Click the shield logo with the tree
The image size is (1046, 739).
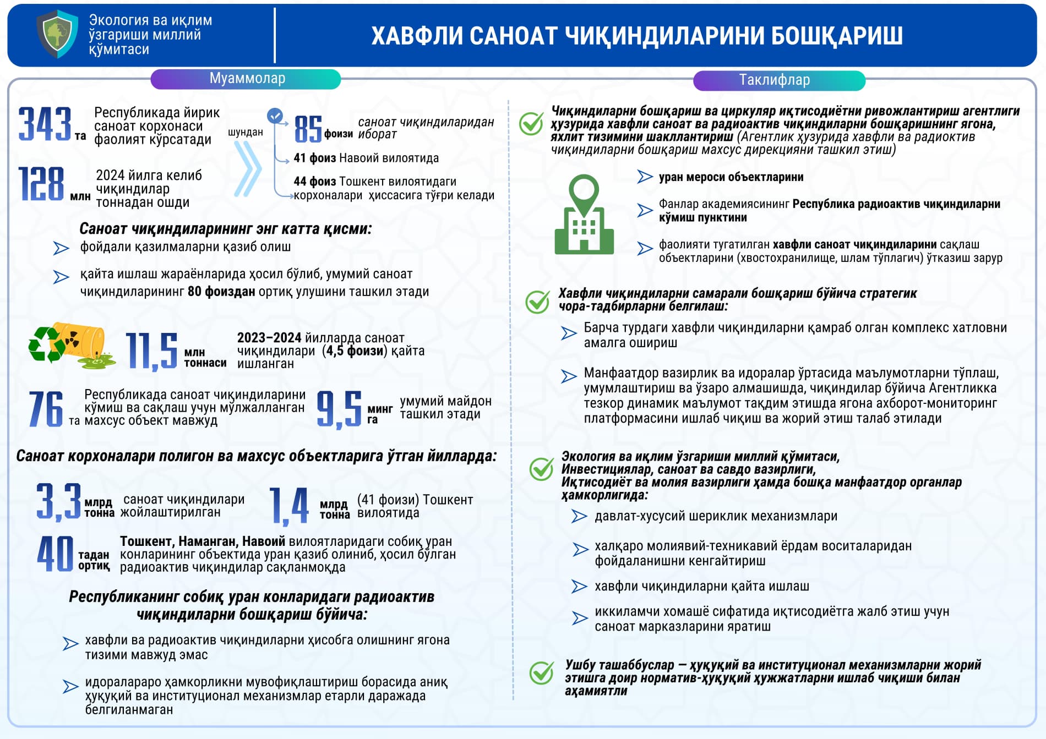[x=57, y=34]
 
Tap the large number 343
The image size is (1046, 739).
[x=45, y=124]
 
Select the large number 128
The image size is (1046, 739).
[x=41, y=184]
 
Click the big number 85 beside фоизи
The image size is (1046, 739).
[x=308, y=129]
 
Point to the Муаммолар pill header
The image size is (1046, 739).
[x=246, y=79]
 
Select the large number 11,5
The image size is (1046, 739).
[x=151, y=351]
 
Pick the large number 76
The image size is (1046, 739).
[x=46, y=409]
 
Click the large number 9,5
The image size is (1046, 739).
[x=339, y=409]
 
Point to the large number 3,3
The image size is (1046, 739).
[x=58, y=501]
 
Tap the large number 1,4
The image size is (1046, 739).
[x=289, y=505]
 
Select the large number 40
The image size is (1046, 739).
[x=55, y=554]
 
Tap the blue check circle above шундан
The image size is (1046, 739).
[x=275, y=116]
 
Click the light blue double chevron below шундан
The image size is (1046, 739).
[x=247, y=168]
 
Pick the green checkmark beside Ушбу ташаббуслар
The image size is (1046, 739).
[x=541, y=673]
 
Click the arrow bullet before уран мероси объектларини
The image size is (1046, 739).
[x=645, y=177]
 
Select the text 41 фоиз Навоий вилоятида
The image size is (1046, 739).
[x=366, y=158]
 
